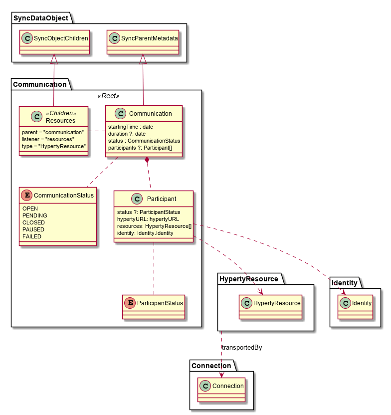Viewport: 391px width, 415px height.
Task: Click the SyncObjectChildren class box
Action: [x=55, y=42]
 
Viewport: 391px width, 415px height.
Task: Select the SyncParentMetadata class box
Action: [x=143, y=42]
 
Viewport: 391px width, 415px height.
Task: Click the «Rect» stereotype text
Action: [x=109, y=96]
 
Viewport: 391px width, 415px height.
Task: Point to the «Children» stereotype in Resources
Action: [x=61, y=113]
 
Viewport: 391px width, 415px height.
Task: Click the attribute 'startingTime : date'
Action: [x=131, y=127]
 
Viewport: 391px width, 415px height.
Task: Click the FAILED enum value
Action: [x=32, y=236]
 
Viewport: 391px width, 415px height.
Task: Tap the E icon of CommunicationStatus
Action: [x=27, y=195]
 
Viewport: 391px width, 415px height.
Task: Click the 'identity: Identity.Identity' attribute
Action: [x=145, y=233]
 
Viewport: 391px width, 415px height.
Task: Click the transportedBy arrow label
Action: [x=242, y=347]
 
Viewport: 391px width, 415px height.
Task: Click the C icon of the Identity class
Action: [x=345, y=303]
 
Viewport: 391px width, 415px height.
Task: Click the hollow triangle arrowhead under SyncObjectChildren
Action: [x=54, y=60]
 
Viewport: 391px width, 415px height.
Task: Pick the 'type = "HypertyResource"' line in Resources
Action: [x=54, y=146]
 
